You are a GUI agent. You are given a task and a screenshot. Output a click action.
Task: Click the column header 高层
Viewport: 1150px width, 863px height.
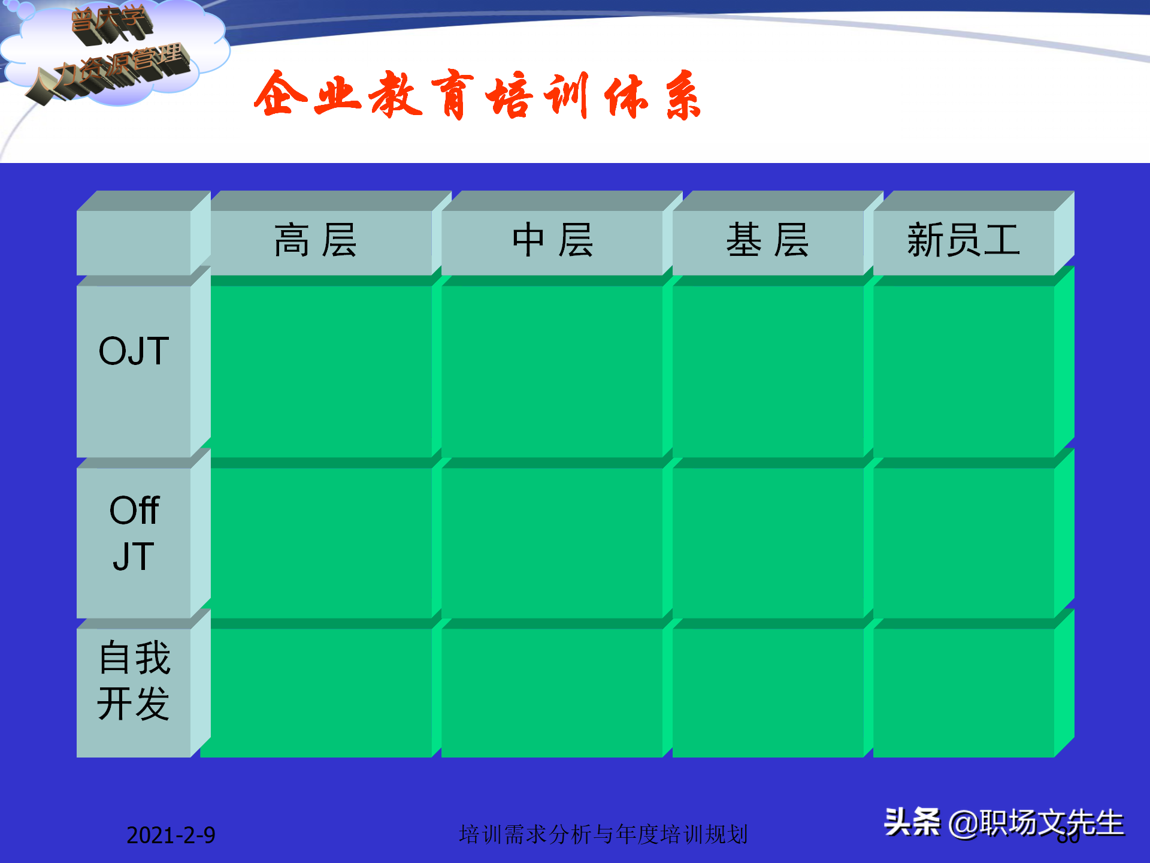(x=316, y=240)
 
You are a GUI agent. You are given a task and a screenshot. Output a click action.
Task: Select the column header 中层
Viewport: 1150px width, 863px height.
(x=552, y=240)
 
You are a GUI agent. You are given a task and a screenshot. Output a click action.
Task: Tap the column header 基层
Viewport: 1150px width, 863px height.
(x=768, y=240)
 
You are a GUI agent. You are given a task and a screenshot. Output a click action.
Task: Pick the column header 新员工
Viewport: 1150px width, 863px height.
(x=963, y=240)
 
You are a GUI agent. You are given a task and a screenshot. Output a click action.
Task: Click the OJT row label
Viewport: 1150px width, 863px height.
(x=134, y=351)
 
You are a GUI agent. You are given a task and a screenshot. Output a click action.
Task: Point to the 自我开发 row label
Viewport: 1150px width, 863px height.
(x=134, y=680)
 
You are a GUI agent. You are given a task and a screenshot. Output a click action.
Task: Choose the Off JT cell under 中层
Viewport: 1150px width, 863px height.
(x=552, y=542)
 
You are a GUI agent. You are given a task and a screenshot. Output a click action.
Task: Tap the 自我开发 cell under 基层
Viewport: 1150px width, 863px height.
(x=768, y=692)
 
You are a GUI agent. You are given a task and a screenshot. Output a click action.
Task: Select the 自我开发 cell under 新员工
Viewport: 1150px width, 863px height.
(x=963, y=692)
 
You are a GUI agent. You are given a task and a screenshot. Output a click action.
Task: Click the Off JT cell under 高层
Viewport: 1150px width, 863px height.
(x=321, y=542)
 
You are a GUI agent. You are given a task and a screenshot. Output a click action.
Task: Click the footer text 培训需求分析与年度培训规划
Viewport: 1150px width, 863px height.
(x=603, y=834)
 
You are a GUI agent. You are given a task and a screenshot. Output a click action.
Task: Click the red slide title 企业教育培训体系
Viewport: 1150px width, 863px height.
(x=477, y=96)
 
